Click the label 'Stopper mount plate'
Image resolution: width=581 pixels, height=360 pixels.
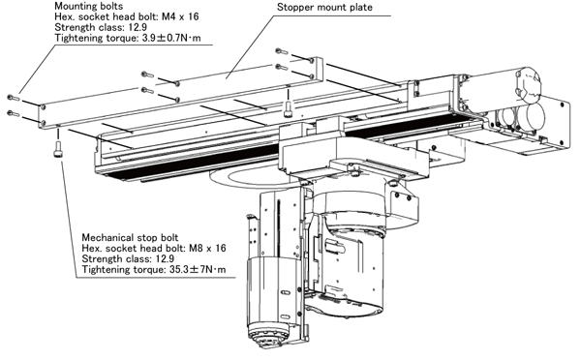pyautogui.click(x=324, y=7)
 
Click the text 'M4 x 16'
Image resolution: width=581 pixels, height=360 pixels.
pyautogui.click(x=180, y=16)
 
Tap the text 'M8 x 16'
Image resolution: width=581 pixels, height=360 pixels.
pyautogui.click(x=207, y=248)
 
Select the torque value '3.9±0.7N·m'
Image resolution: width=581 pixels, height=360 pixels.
pyautogui.click(x=171, y=38)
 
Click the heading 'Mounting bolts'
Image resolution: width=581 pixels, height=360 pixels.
pyautogui.click(x=88, y=6)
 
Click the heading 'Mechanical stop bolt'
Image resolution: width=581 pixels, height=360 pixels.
pyautogui.click(x=130, y=237)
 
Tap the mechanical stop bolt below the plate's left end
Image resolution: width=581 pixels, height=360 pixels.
pyautogui.click(x=58, y=150)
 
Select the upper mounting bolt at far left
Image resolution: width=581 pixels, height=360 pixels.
pyautogui.click(x=13, y=98)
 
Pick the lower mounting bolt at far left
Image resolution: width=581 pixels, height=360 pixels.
pyautogui.click(x=13, y=113)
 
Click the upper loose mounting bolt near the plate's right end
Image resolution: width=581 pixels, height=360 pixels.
pyautogui.click(x=282, y=51)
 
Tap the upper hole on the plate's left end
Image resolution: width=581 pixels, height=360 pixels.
pyautogui.click(x=44, y=107)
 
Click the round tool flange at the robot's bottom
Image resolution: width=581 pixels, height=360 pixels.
pyautogui.click(x=268, y=335)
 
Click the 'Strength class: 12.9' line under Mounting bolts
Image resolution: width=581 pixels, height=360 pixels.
pyautogui.click(x=101, y=27)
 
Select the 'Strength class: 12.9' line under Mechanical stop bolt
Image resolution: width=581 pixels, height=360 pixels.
pyautogui.click(x=128, y=258)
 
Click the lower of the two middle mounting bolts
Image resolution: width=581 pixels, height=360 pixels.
pyautogui.click(x=147, y=90)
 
